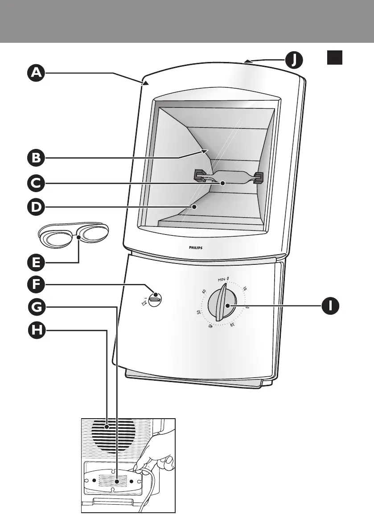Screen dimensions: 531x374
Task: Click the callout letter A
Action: pyautogui.click(x=35, y=73)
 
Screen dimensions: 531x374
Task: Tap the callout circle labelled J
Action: pyautogui.click(x=293, y=59)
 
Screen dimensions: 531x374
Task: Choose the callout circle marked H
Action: pyautogui.click(x=35, y=330)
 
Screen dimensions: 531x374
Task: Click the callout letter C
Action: pyautogui.click(x=35, y=182)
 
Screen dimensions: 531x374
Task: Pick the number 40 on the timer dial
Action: pyautogui.click(x=210, y=327)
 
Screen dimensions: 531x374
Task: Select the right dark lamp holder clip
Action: pyautogui.click(x=258, y=177)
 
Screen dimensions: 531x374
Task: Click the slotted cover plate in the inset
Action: pyautogui.click(x=114, y=482)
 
